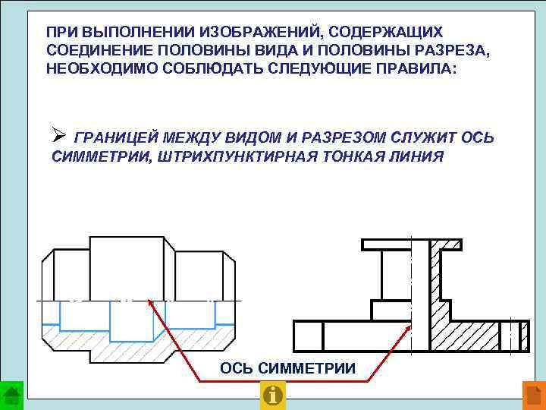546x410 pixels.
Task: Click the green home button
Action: tap(11, 396)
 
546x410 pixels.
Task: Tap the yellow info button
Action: tap(272, 396)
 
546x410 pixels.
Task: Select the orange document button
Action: tap(534, 396)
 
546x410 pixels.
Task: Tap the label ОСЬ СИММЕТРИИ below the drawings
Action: tap(287, 368)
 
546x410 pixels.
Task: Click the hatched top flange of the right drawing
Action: tap(447, 244)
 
